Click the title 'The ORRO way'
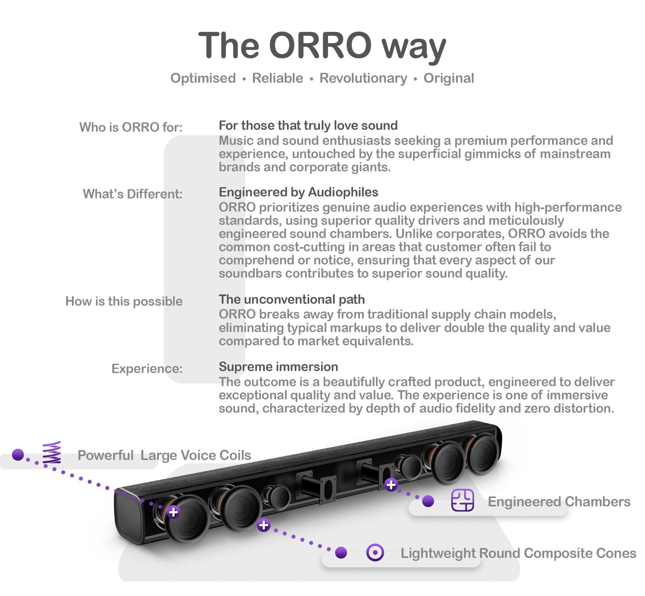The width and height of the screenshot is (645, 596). click(322, 46)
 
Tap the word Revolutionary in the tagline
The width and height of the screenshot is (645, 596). click(363, 78)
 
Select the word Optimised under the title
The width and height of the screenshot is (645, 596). click(203, 78)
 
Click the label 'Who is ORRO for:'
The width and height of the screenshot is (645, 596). click(131, 127)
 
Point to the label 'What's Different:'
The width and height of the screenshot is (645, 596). click(133, 194)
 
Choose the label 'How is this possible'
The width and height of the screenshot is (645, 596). click(124, 301)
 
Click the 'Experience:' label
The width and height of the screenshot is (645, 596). click(147, 368)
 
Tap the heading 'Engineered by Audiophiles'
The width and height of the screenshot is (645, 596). click(298, 192)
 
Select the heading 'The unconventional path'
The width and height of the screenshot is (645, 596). click(292, 299)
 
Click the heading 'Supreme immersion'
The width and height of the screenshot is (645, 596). click(278, 367)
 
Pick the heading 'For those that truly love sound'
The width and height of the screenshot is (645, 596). click(308, 125)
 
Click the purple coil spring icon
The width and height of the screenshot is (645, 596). click(52, 453)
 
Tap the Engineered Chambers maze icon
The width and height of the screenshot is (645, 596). click(462, 500)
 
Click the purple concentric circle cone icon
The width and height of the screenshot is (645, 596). click(375, 553)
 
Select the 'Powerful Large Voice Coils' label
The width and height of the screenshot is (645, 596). click(164, 456)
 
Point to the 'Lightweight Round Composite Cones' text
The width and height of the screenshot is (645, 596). click(518, 553)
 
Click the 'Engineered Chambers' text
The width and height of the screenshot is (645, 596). click(559, 502)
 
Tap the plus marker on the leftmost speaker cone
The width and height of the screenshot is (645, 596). click(174, 512)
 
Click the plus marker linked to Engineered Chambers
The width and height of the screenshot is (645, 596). click(391, 485)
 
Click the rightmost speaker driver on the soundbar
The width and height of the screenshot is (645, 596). click(482, 453)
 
